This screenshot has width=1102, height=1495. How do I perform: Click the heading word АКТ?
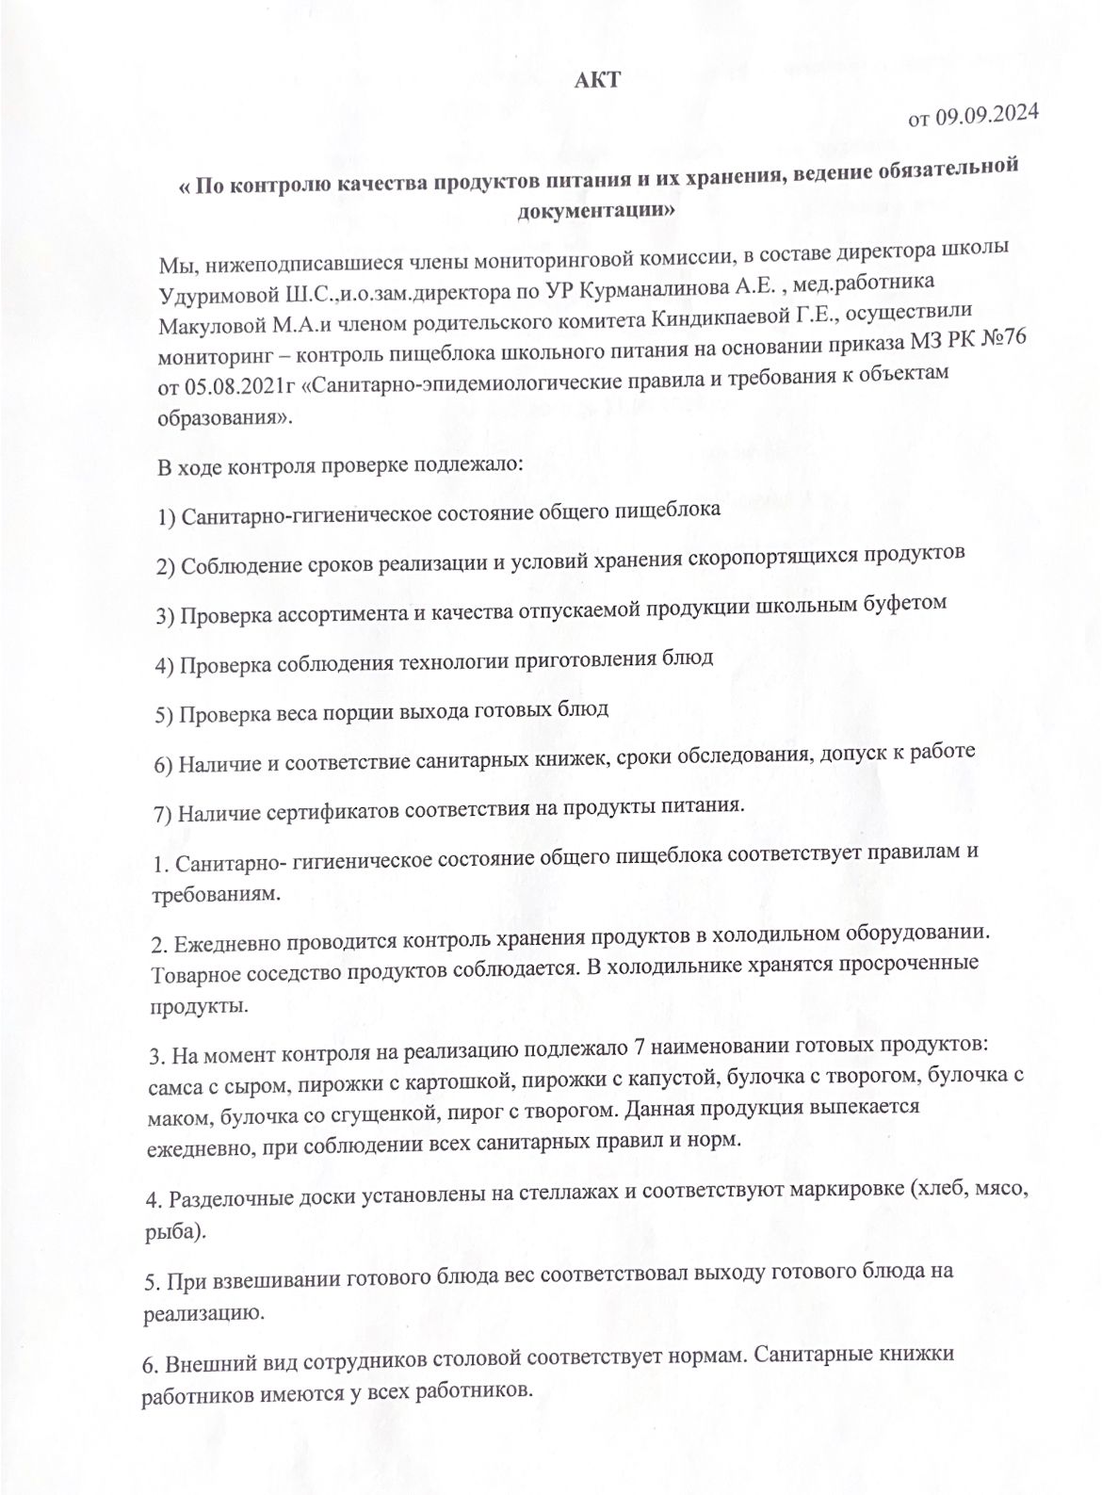[597, 81]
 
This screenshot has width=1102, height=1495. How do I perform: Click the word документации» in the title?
[597, 210]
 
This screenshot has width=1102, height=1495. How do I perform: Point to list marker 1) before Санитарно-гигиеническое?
[166, 517]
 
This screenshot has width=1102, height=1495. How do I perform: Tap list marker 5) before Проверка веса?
[164, 713]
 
